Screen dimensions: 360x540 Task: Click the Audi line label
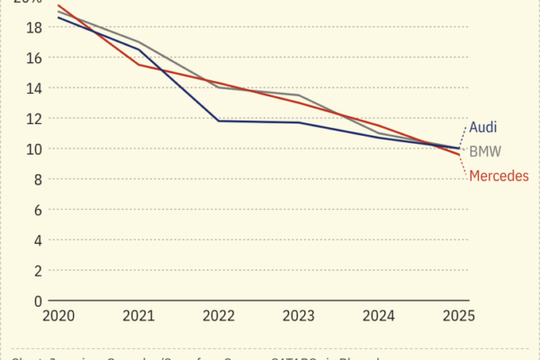tap(483, 128)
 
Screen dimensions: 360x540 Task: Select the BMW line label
tap(486, 151)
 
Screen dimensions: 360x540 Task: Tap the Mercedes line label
tap(499, 175)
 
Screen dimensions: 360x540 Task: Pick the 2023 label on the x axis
tap(298, 317)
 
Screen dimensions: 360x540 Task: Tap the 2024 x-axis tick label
tap(379, 317)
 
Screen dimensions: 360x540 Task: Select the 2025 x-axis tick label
tap(459, 317)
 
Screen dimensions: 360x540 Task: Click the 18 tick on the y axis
tap(33, 28)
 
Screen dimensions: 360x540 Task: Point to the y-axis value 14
tap(33, 88)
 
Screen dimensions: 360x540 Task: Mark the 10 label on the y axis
tap(33, 149)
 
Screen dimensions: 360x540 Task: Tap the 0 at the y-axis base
tap(37, 301)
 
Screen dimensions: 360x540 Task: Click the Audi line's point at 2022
tap(218, 121)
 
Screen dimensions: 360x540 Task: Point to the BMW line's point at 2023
tap(298, 95)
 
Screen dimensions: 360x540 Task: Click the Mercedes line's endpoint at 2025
tap(459, 155)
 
